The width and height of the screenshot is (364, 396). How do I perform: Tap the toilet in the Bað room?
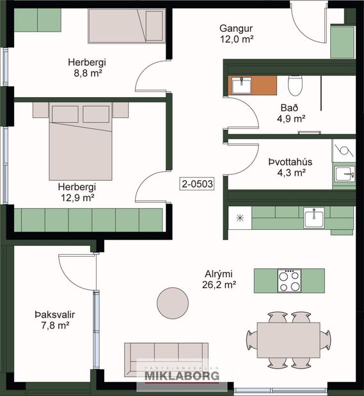(295, 84)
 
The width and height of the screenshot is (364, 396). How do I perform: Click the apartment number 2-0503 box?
(197, 183)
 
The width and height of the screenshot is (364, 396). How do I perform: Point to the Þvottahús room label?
(291, 162)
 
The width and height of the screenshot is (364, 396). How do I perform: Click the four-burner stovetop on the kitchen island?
(289, 280)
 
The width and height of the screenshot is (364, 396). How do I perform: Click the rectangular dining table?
(289, 337)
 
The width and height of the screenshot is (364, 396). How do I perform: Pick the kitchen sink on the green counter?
(314, 218)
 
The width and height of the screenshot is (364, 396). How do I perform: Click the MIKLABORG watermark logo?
(181, 374)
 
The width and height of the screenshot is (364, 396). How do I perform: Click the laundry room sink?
(344, 174)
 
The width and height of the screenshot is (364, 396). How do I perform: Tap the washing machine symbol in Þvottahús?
(344, 151)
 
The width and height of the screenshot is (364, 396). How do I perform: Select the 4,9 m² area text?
(291, 118)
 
